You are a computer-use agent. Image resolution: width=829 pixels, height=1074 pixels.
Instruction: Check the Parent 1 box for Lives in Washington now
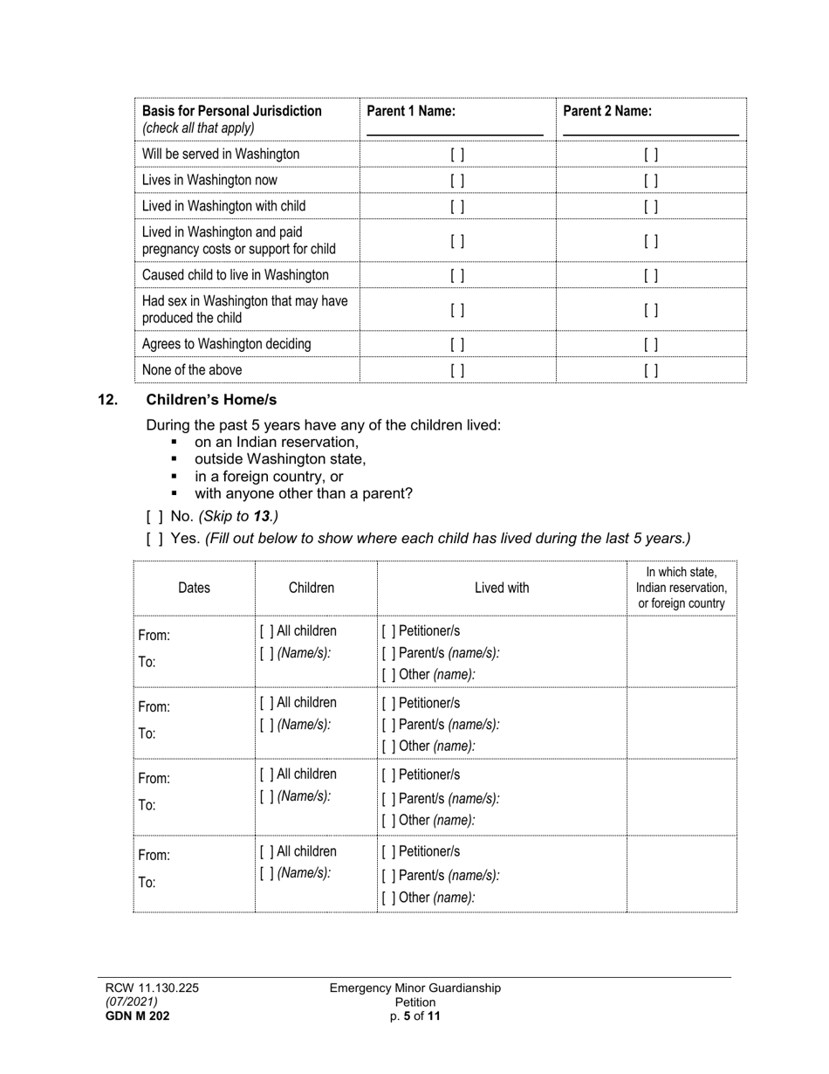tap(457, 181)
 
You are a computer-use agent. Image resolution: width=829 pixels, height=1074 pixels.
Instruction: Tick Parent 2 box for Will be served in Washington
tap(651, 155)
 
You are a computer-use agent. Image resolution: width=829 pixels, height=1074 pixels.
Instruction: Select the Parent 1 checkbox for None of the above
tap(457, 370)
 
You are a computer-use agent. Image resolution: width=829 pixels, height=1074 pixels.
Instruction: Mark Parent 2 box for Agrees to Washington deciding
tap(651, 345)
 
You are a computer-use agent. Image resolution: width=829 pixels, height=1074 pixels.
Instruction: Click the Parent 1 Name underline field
tap(455, 127)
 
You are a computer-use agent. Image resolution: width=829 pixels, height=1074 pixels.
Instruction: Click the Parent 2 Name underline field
tap(651, 127)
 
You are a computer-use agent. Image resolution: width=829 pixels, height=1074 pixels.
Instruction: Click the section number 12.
tap(108, 400)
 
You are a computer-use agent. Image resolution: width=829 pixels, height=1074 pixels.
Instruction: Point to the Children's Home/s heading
tap(211, 400)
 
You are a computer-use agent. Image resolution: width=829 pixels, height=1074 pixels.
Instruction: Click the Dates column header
tap(194, 588)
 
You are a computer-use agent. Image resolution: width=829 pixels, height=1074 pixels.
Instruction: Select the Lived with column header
tap(502, 588)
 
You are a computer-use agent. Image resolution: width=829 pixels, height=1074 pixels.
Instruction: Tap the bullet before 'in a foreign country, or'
tap(175, 477)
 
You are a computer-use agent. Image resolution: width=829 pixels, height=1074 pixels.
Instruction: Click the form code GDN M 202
tap(138, 1015)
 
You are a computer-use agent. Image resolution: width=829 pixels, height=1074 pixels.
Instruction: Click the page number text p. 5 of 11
tap(415, 1015)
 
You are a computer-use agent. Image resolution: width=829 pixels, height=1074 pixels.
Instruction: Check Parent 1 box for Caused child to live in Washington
tap(457, 276)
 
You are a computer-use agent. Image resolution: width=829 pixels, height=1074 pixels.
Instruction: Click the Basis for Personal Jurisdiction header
tap(232, 111)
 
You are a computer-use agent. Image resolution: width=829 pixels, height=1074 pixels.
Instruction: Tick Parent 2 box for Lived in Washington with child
tap(651, 207)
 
